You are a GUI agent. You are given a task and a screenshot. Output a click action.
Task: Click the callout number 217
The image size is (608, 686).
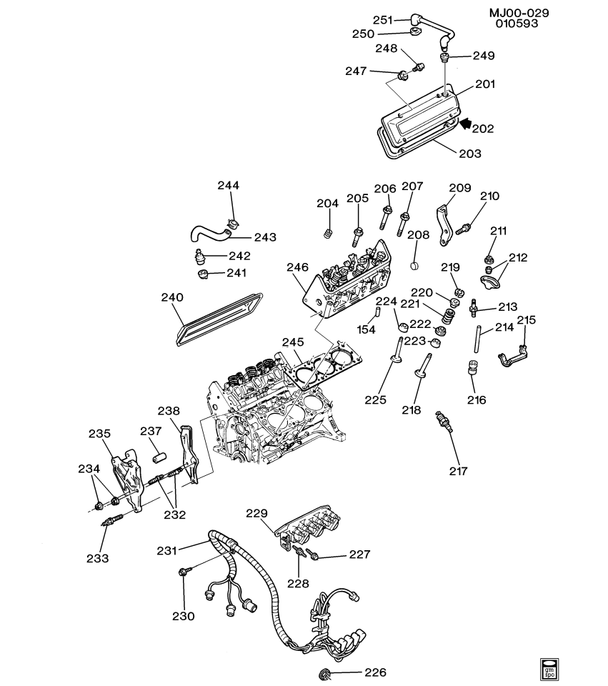[458, 471]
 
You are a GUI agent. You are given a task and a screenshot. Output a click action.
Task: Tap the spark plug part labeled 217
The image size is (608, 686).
[442, 422]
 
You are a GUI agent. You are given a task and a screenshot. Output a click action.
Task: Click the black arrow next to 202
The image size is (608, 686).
[465, 124]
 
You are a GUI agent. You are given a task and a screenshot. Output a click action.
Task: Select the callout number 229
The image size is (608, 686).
[258, 513]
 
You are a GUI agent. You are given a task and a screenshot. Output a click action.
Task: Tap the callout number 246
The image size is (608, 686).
[297, 267]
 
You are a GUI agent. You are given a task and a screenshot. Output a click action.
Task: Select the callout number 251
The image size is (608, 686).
[383, 19]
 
